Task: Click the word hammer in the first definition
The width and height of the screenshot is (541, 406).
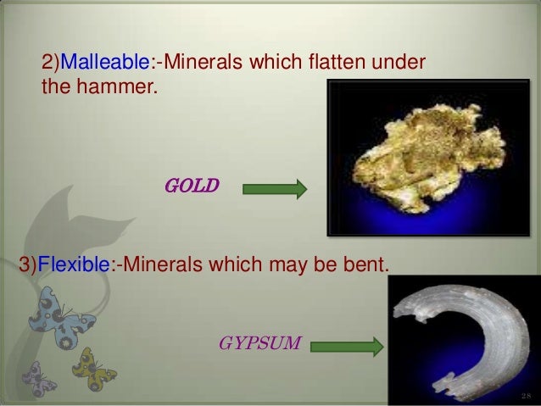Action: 120,86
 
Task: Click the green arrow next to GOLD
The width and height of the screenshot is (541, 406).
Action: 275,188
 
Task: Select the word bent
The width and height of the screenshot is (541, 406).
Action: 368,265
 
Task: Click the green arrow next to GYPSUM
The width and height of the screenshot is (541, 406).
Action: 351,346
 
